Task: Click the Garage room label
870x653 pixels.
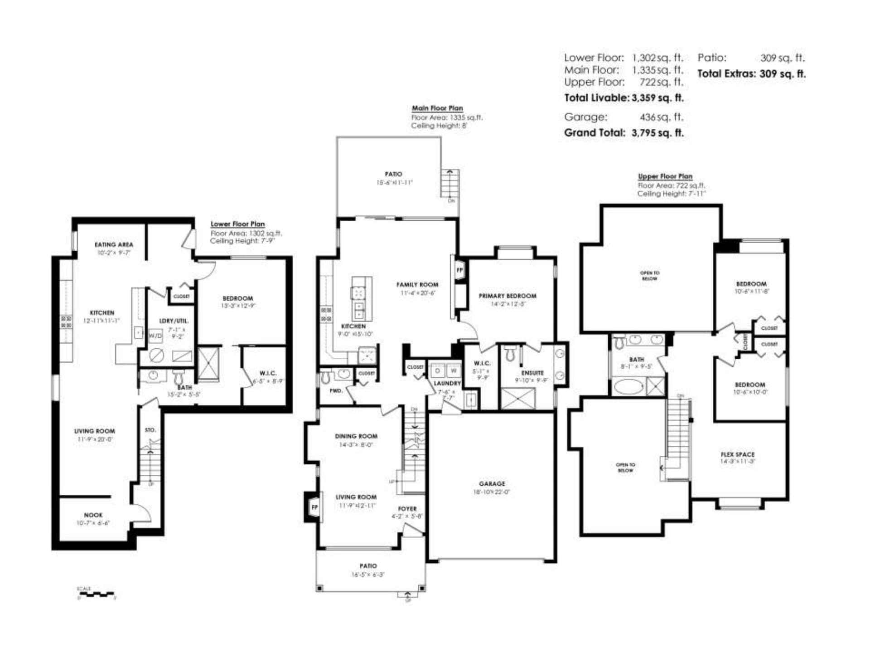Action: (492, 484)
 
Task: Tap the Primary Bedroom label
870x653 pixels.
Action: (507, 296)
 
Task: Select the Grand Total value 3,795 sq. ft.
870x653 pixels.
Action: (657, 133)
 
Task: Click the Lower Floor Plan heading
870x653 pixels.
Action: (237, 224)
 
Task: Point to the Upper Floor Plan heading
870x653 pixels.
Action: (665, 176)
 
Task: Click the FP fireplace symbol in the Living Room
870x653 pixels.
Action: (314, 507)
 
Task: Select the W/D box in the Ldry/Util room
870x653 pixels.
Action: (155, 336)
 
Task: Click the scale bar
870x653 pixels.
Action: (97, 594)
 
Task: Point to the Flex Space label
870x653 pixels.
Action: (737, 454)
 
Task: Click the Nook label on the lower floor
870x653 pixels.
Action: (93, 515)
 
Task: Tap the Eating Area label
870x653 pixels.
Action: (114, 244)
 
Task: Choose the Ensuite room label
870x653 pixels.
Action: (532, 373)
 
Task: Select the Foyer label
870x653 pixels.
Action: (407, 509)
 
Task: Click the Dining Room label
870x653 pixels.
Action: (356, 436)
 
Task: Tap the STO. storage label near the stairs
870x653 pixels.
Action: (150, 430)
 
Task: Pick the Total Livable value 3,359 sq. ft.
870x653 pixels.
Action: (657, 98)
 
